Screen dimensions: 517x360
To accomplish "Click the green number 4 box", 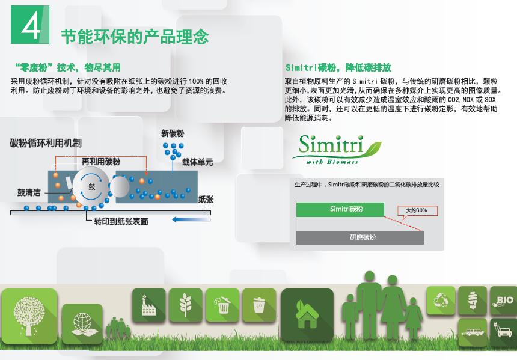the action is pyautogui.click(x=30, y=25).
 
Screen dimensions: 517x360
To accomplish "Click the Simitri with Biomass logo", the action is pyautogui.click(x=337, y=149).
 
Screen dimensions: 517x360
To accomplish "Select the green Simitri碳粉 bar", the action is pyautogui.click(x=340, y=209).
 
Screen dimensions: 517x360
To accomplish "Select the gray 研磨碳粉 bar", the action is pyautogui.click(x=359, y=237).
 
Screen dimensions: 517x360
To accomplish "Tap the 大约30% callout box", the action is pyautogui.click(x=417, y=211).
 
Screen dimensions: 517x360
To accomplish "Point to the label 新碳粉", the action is pyautogui.click(x=173, y=133).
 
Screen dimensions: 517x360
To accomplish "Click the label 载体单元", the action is pyautogui.click(x=198, y=162).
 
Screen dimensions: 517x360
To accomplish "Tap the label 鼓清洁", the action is pyautogui.click(x=29, y=192).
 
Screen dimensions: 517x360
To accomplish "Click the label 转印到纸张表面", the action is pyautogui.click(x=121, y=222).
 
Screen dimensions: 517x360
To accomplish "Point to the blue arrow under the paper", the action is pyautogui.click(x=191, y=219).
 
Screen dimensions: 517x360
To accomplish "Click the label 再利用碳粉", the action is pyautogui.click(x=101, y=162).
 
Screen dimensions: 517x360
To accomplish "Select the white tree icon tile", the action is pyautogui.click(x=29, y=316).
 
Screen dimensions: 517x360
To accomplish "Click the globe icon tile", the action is pyautogui.click(x=82, y=324).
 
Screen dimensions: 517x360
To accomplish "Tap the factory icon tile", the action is pyautogui.click(x=148, y=305).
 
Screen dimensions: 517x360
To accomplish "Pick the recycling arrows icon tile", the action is pyautogui.click(x=441, y=301).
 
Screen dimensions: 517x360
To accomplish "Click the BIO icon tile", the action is pyautogui.click(x=503, y=301).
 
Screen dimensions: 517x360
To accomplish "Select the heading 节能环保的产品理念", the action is pyautogui.click(x=135, y=36).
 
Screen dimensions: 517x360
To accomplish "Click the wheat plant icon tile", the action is pyautogui.click(x=186, y=305).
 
